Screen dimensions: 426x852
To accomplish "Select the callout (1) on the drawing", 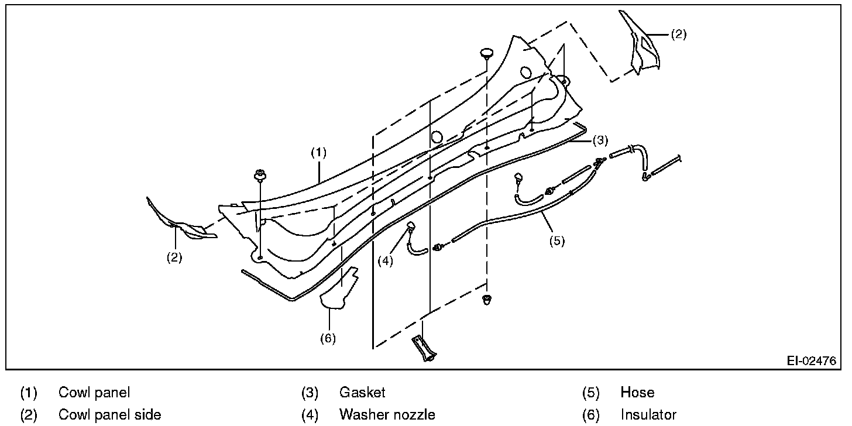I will (x=318, y=153).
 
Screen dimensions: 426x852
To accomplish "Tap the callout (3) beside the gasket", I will (x=600, y=140).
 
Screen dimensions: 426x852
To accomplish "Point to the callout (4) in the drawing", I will (x=384, y=261).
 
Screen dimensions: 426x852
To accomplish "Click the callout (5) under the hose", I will (x=556, y=241).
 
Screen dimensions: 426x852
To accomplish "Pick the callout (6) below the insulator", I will (x=328, y=338).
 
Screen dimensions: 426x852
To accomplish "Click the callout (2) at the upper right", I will (x=678, y=34).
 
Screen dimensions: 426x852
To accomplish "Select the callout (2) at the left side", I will (x=174, y=257).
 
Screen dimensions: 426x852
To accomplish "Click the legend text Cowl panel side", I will (x=109, y=415).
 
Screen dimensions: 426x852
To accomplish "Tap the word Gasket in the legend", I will (x=362, y=393).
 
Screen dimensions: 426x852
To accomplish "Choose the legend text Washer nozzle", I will (x=387, y=415).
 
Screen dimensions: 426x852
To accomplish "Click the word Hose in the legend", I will (x=637, y=393).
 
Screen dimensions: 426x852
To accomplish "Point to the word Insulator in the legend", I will (x=648, y=415).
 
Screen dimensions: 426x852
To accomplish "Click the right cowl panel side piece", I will (x=644, y=50).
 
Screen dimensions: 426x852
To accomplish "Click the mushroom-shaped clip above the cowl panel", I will (x=487, y=54).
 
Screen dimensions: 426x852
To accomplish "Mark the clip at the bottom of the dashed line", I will (x=486, y=301).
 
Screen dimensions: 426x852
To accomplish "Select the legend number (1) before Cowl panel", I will (x=29, y=393).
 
